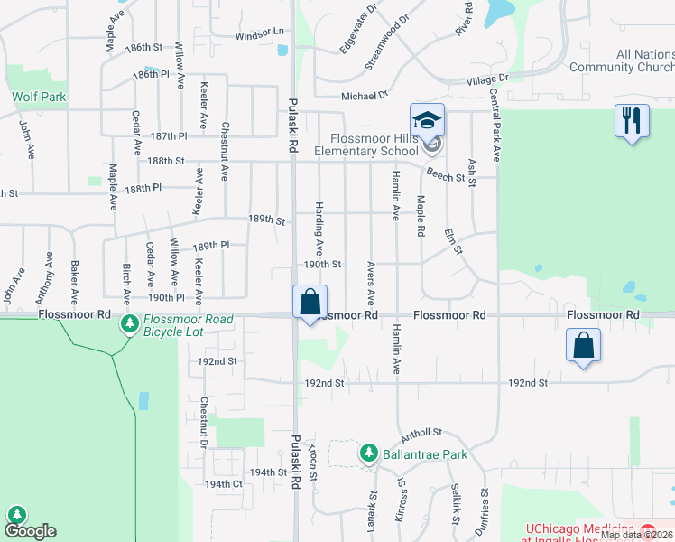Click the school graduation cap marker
(x=428, y=120)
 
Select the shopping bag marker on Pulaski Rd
(x=310, y=302)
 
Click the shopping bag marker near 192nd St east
(x=584, y=344)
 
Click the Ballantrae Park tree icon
(x=368, y=453)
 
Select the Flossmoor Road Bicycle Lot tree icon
(x=130, y=323)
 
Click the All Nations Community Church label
(x=622, y=61)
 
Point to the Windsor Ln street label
(x=260, y=34)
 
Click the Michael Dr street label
(x=364, y=95)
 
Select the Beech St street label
(x=446, y=177)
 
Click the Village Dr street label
(x=487, y=79)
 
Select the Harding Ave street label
(x=319, y=229)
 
